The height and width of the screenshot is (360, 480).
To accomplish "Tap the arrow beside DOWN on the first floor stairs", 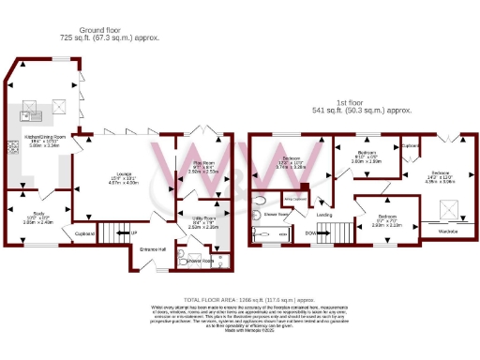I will click(x=321, y=233).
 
